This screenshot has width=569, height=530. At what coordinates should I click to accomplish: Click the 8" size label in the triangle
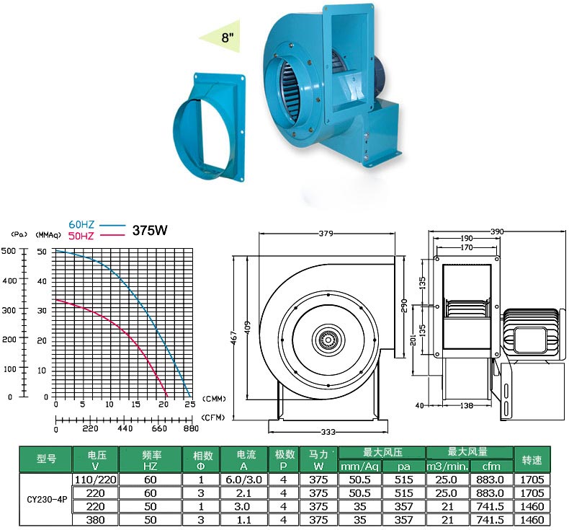coord(227,37)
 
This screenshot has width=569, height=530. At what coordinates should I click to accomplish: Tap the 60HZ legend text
coord(81,224)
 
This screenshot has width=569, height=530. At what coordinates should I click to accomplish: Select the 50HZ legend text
coord(81,236)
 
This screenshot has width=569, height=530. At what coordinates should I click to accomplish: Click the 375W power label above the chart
coord(150,230)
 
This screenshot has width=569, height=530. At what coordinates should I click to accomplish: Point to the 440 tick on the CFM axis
coord(125,428)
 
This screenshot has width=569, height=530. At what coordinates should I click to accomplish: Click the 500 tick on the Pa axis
coord(9,251)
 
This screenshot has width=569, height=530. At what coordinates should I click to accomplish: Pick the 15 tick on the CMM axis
coord(135,405)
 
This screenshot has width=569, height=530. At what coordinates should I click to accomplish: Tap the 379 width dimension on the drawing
coord(326,233)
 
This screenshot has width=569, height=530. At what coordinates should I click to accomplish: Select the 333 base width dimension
coord(328,432)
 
